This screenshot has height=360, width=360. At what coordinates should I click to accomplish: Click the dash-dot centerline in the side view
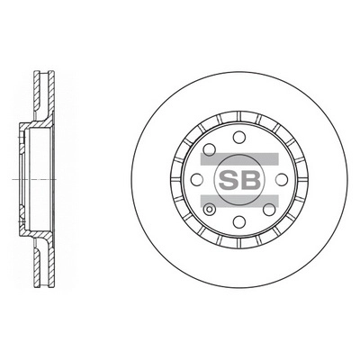(27, 180)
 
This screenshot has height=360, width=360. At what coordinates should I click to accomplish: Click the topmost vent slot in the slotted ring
(239, 116)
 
